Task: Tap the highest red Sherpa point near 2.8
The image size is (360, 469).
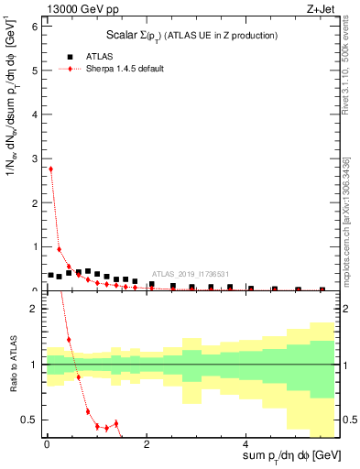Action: click(x=50, y=169)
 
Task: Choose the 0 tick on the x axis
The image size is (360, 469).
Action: click(x=47, y=446)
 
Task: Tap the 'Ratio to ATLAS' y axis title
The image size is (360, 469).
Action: click(x=12, y=364)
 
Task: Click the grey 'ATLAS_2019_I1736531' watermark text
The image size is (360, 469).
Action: click(x=191, y=273)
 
